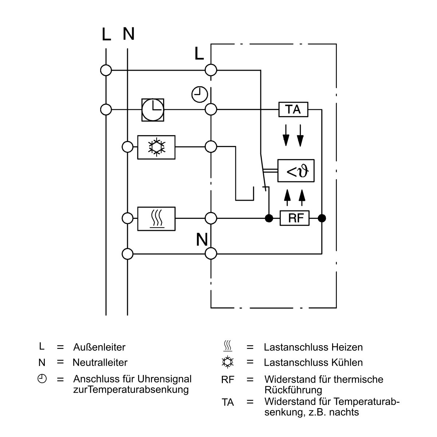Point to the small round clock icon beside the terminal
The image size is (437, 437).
coord(200,94)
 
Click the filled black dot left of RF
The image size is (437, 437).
coord(269,218)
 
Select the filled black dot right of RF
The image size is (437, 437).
coord(322,218)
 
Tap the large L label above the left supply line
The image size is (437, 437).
coord(106,34)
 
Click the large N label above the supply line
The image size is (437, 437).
coord(129,34)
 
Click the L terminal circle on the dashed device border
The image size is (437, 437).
coord(211,70)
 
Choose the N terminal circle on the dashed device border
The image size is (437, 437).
coord(211,253)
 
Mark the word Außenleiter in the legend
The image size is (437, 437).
coord(99,347)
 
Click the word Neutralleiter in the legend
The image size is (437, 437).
coord(100,362)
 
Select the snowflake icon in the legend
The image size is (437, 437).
coord(228,362)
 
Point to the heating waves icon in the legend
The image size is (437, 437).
coord(228,346)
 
